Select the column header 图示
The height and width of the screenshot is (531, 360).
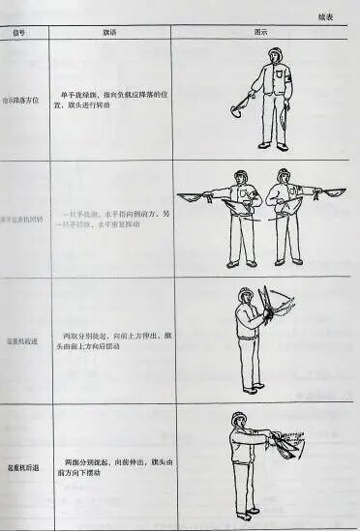click(260, 31)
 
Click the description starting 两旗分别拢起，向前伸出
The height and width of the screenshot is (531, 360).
click(114, 467)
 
